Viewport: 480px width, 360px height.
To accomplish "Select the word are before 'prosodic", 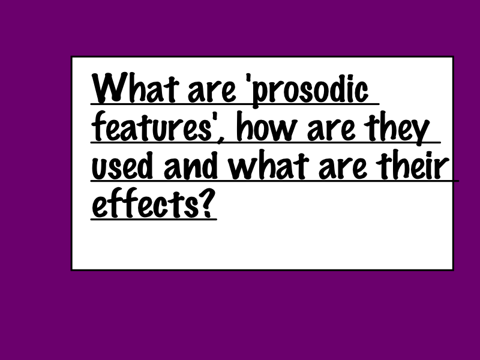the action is click(x=212, y=91).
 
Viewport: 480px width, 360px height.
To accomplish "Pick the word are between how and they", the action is click(x=332, y=130).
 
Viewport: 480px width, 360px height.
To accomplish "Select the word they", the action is click(x=398, y=128).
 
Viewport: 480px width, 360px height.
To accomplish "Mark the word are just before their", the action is click(x=343, y=168).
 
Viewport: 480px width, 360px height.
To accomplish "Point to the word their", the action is click(x=413, y=165).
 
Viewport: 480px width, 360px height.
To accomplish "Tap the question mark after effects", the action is click(x=207, y=203).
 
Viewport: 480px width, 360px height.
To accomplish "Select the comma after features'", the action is click(x=219, y=140).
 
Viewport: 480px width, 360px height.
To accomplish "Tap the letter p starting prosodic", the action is click(x=261, y=94).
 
